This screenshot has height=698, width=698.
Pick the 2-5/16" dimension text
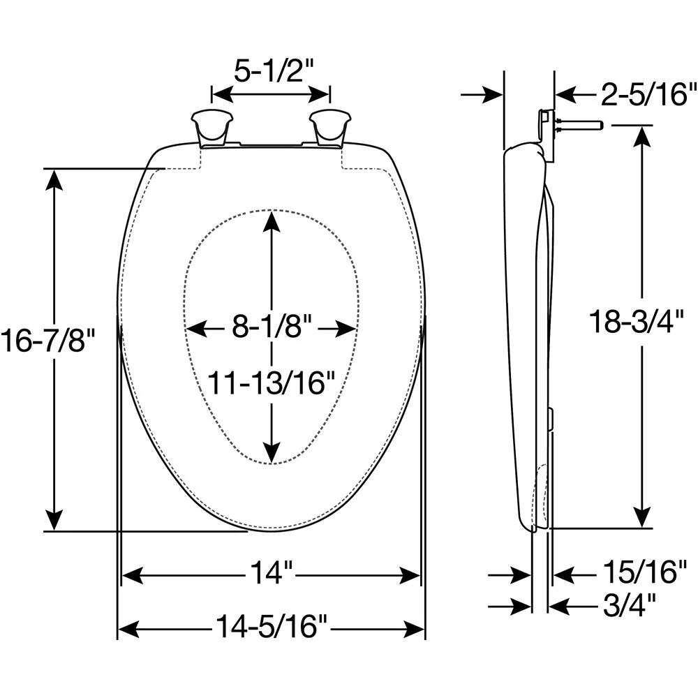pos(648,94)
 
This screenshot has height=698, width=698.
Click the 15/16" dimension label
pos(645,572)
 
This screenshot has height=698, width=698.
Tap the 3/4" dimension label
pos(630,604)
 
